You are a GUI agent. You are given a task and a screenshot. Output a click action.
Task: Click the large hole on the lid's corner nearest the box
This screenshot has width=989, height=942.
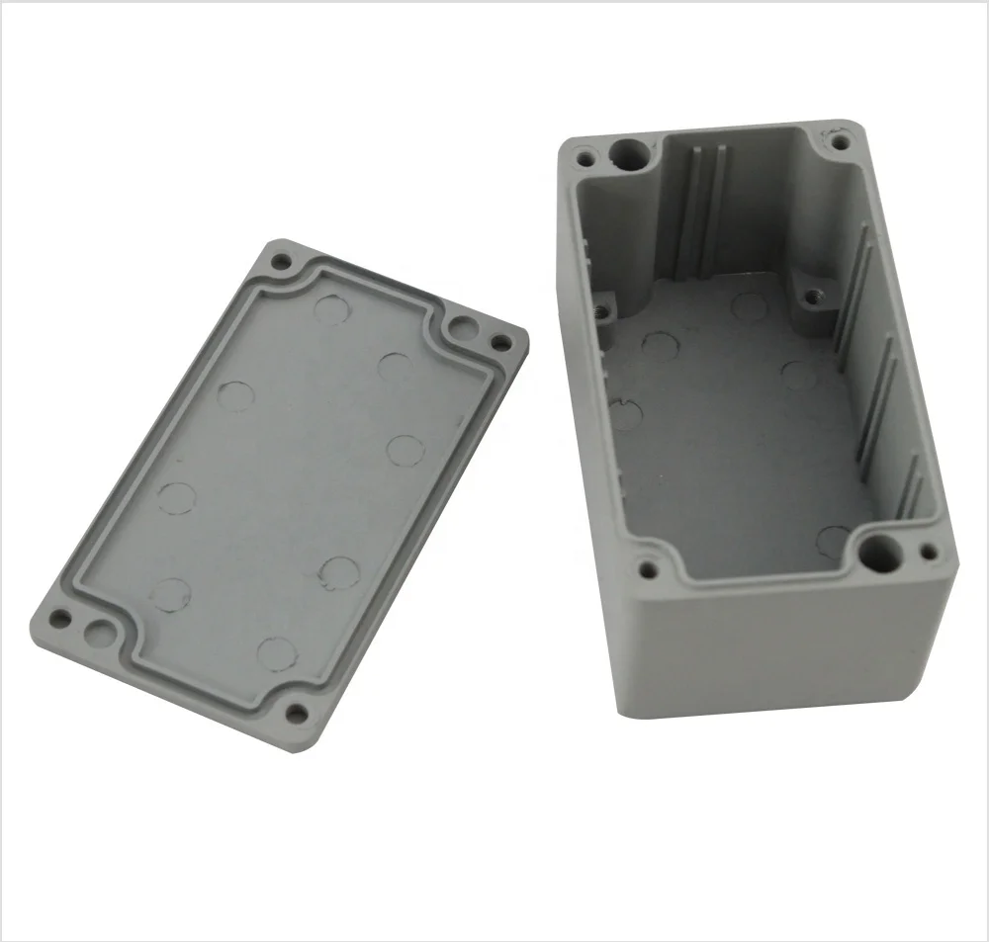coord(461,327)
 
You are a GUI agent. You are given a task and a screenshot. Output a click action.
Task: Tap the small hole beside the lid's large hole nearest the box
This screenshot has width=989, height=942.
coord(501,343)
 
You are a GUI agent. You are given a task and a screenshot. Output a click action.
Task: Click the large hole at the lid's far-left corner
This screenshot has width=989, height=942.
coord(99,630)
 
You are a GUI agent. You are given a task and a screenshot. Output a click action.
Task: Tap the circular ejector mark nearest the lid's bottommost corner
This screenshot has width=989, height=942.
coord(276,653)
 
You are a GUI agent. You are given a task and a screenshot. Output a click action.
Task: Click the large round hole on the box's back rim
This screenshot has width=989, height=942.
coord(629,153)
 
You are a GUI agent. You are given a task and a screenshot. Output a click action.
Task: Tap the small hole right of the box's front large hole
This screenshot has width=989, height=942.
coord(928,553)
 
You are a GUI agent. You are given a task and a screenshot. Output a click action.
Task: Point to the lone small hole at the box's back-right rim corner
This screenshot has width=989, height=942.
coord(841,142)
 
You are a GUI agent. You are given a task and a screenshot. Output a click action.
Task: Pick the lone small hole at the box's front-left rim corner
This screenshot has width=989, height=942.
coord(649,569)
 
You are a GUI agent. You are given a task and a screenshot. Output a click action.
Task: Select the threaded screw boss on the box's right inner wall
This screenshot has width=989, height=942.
coord(813,294)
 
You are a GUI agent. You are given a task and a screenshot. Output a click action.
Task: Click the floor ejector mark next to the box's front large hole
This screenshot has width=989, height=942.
coord(833,539)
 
